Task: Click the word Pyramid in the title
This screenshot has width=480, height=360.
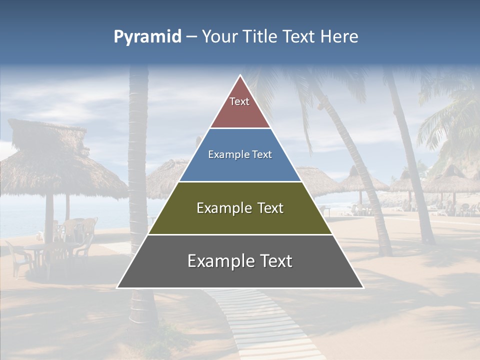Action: tap(147, 37)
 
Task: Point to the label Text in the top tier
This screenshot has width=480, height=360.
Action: tap(239, 101)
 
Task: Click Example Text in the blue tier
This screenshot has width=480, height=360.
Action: tap(240, 154)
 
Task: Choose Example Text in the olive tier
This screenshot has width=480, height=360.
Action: tap(240, 208)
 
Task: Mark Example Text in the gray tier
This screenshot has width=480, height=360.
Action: tap(240, 261)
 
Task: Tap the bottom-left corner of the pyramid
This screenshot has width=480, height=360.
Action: tap(117, 287)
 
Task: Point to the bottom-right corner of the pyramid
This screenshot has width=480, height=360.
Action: tap(363, 287)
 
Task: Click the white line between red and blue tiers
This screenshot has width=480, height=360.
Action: tap(240, 128)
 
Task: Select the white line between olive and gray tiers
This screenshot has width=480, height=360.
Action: tap(240, 234)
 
